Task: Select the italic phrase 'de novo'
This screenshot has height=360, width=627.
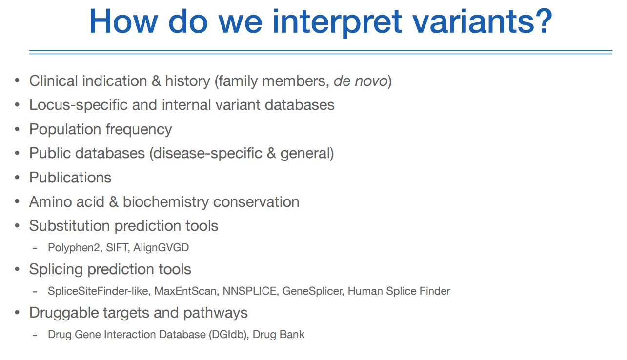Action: pos(361,81)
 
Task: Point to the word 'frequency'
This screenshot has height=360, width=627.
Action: pos(139,130)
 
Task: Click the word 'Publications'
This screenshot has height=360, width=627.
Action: pos(70,178)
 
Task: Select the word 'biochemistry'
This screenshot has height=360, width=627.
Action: pos(166,202)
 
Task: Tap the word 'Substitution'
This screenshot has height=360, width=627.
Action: pos(69,226)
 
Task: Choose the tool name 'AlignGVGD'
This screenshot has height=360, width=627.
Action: pos(161,248)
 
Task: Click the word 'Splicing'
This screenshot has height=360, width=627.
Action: pos(56,270)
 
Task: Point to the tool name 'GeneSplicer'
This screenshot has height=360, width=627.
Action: pos(313,291)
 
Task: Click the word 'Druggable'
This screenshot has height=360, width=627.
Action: pos(64,313)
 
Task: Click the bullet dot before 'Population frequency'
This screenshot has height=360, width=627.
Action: pos(18,129)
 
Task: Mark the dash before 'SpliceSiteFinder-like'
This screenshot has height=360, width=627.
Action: pos(35,292)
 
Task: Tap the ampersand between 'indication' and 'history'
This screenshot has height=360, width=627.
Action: pos(156,81)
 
